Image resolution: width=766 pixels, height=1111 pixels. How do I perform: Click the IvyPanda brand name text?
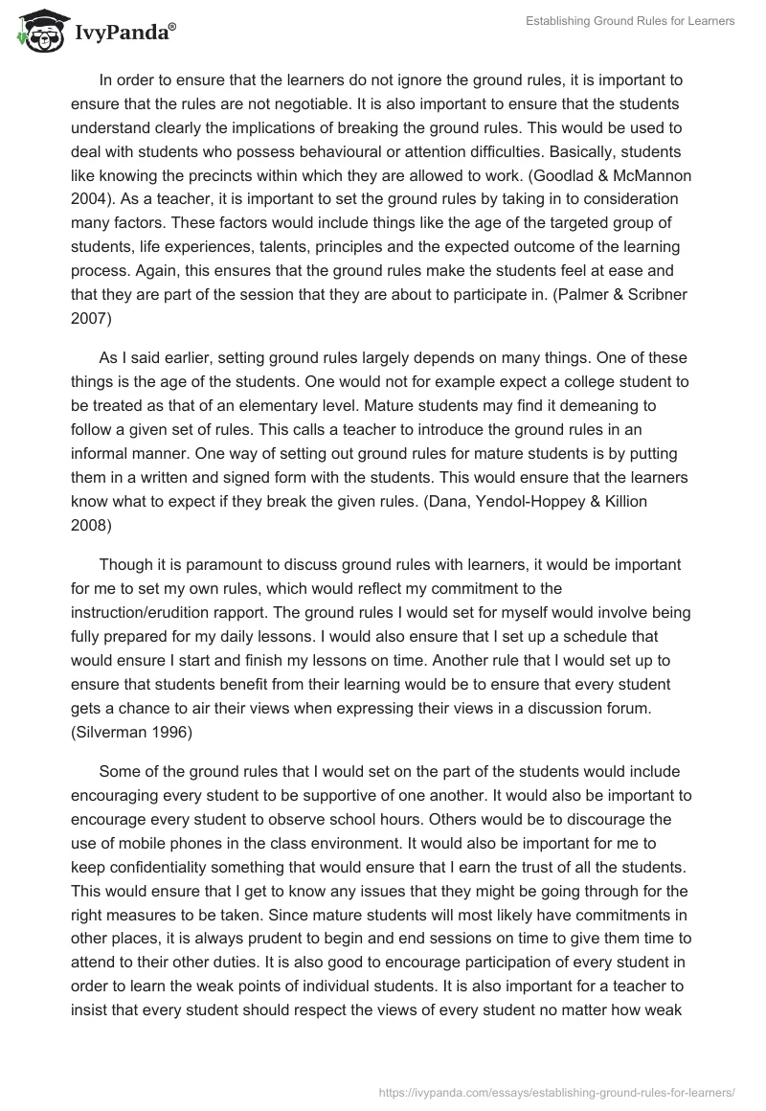124,34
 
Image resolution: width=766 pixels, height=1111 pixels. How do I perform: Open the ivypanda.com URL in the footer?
556,1090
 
